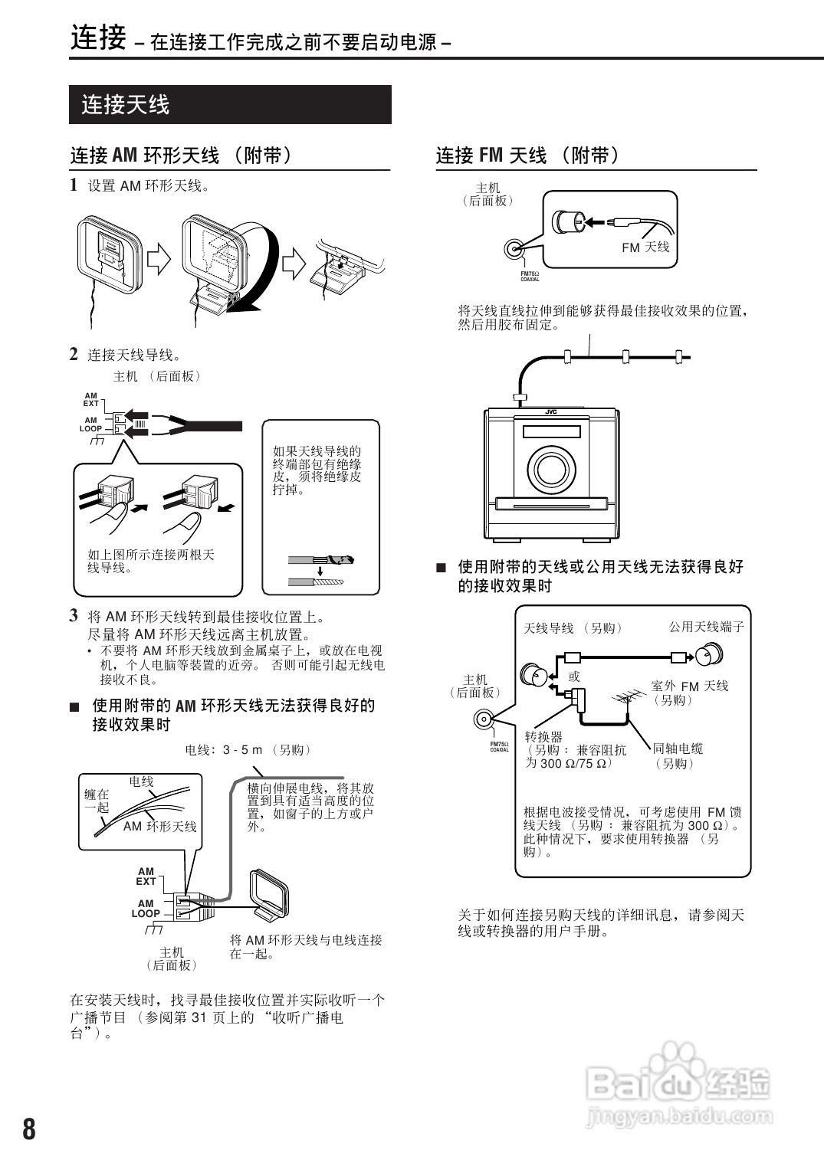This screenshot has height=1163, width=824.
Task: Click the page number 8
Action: (x=28, y=1129)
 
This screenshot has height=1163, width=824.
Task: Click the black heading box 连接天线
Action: (x=230, y=104)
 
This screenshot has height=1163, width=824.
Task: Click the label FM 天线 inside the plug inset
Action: (x=645, y=247)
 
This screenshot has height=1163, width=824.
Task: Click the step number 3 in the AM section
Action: (x=74, y=615)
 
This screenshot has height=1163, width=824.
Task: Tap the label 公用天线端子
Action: (x=706, y=627)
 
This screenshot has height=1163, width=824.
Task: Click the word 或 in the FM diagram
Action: (x=574, y=676)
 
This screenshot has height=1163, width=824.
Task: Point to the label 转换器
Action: (x=543, y=736)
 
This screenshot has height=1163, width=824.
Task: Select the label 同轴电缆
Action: (x=678, y=749)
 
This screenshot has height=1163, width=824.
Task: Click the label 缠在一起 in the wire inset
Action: (x=97, y=801)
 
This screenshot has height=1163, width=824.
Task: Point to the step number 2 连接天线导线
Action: (x=74, y=354)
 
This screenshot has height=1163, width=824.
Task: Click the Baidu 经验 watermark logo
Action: (x=678, y=1084)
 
